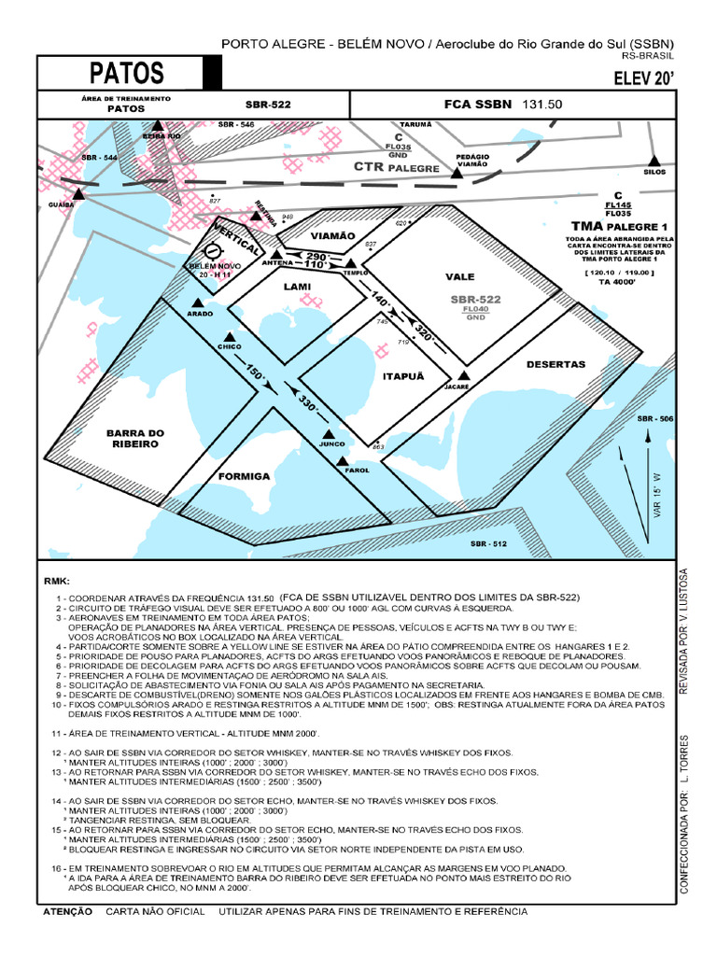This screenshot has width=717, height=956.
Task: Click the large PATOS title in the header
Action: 127,73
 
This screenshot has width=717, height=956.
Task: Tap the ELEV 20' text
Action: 643,77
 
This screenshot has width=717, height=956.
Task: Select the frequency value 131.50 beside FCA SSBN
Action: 542,105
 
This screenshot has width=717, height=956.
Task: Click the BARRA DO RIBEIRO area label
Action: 134,439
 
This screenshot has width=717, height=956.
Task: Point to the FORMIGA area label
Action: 244,476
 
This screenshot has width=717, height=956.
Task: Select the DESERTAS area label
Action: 555,364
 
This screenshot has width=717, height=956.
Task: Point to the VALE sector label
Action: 460,277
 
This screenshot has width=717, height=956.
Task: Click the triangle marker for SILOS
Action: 654,161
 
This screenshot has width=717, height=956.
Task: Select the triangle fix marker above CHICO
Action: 230,337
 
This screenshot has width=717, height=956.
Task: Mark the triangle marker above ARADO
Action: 197,302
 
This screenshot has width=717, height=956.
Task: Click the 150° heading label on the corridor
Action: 255,373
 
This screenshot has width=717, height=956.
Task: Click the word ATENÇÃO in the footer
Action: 66,910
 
